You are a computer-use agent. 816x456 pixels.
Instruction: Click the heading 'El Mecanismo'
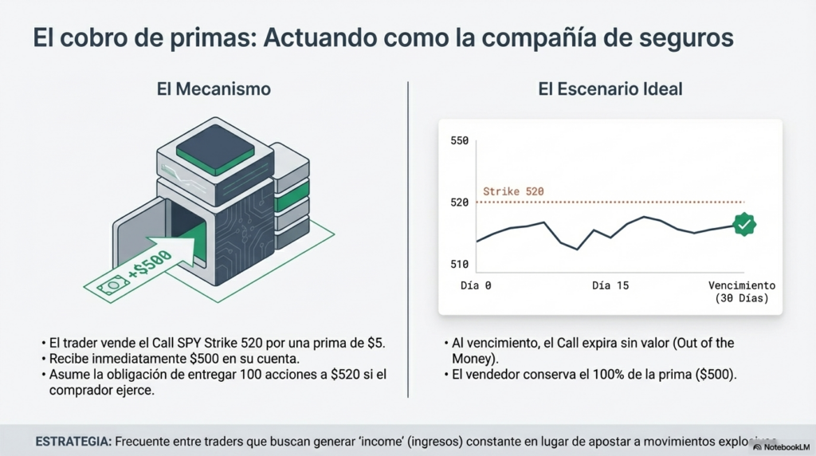(214, 89)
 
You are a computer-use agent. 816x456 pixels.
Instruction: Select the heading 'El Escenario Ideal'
(610, 89)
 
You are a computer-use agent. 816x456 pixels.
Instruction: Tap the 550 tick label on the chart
(460, 141)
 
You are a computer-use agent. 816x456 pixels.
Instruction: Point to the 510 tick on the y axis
(460, 265)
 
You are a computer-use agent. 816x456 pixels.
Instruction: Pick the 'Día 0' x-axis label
(477, 285)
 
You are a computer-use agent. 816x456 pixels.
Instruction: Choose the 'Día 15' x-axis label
(610, 285)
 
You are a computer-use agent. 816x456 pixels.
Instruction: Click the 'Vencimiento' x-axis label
(741, 285)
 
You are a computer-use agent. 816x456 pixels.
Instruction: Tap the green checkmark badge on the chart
(743, 225)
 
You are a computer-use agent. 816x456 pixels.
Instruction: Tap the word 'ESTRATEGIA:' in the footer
(73, 441)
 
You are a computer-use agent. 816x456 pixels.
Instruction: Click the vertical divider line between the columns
(408, 239)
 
